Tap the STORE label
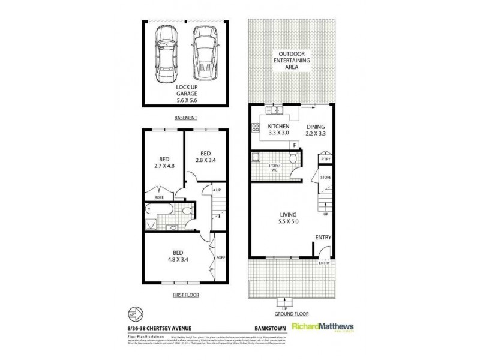(326, 178)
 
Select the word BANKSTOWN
(263, 326)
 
